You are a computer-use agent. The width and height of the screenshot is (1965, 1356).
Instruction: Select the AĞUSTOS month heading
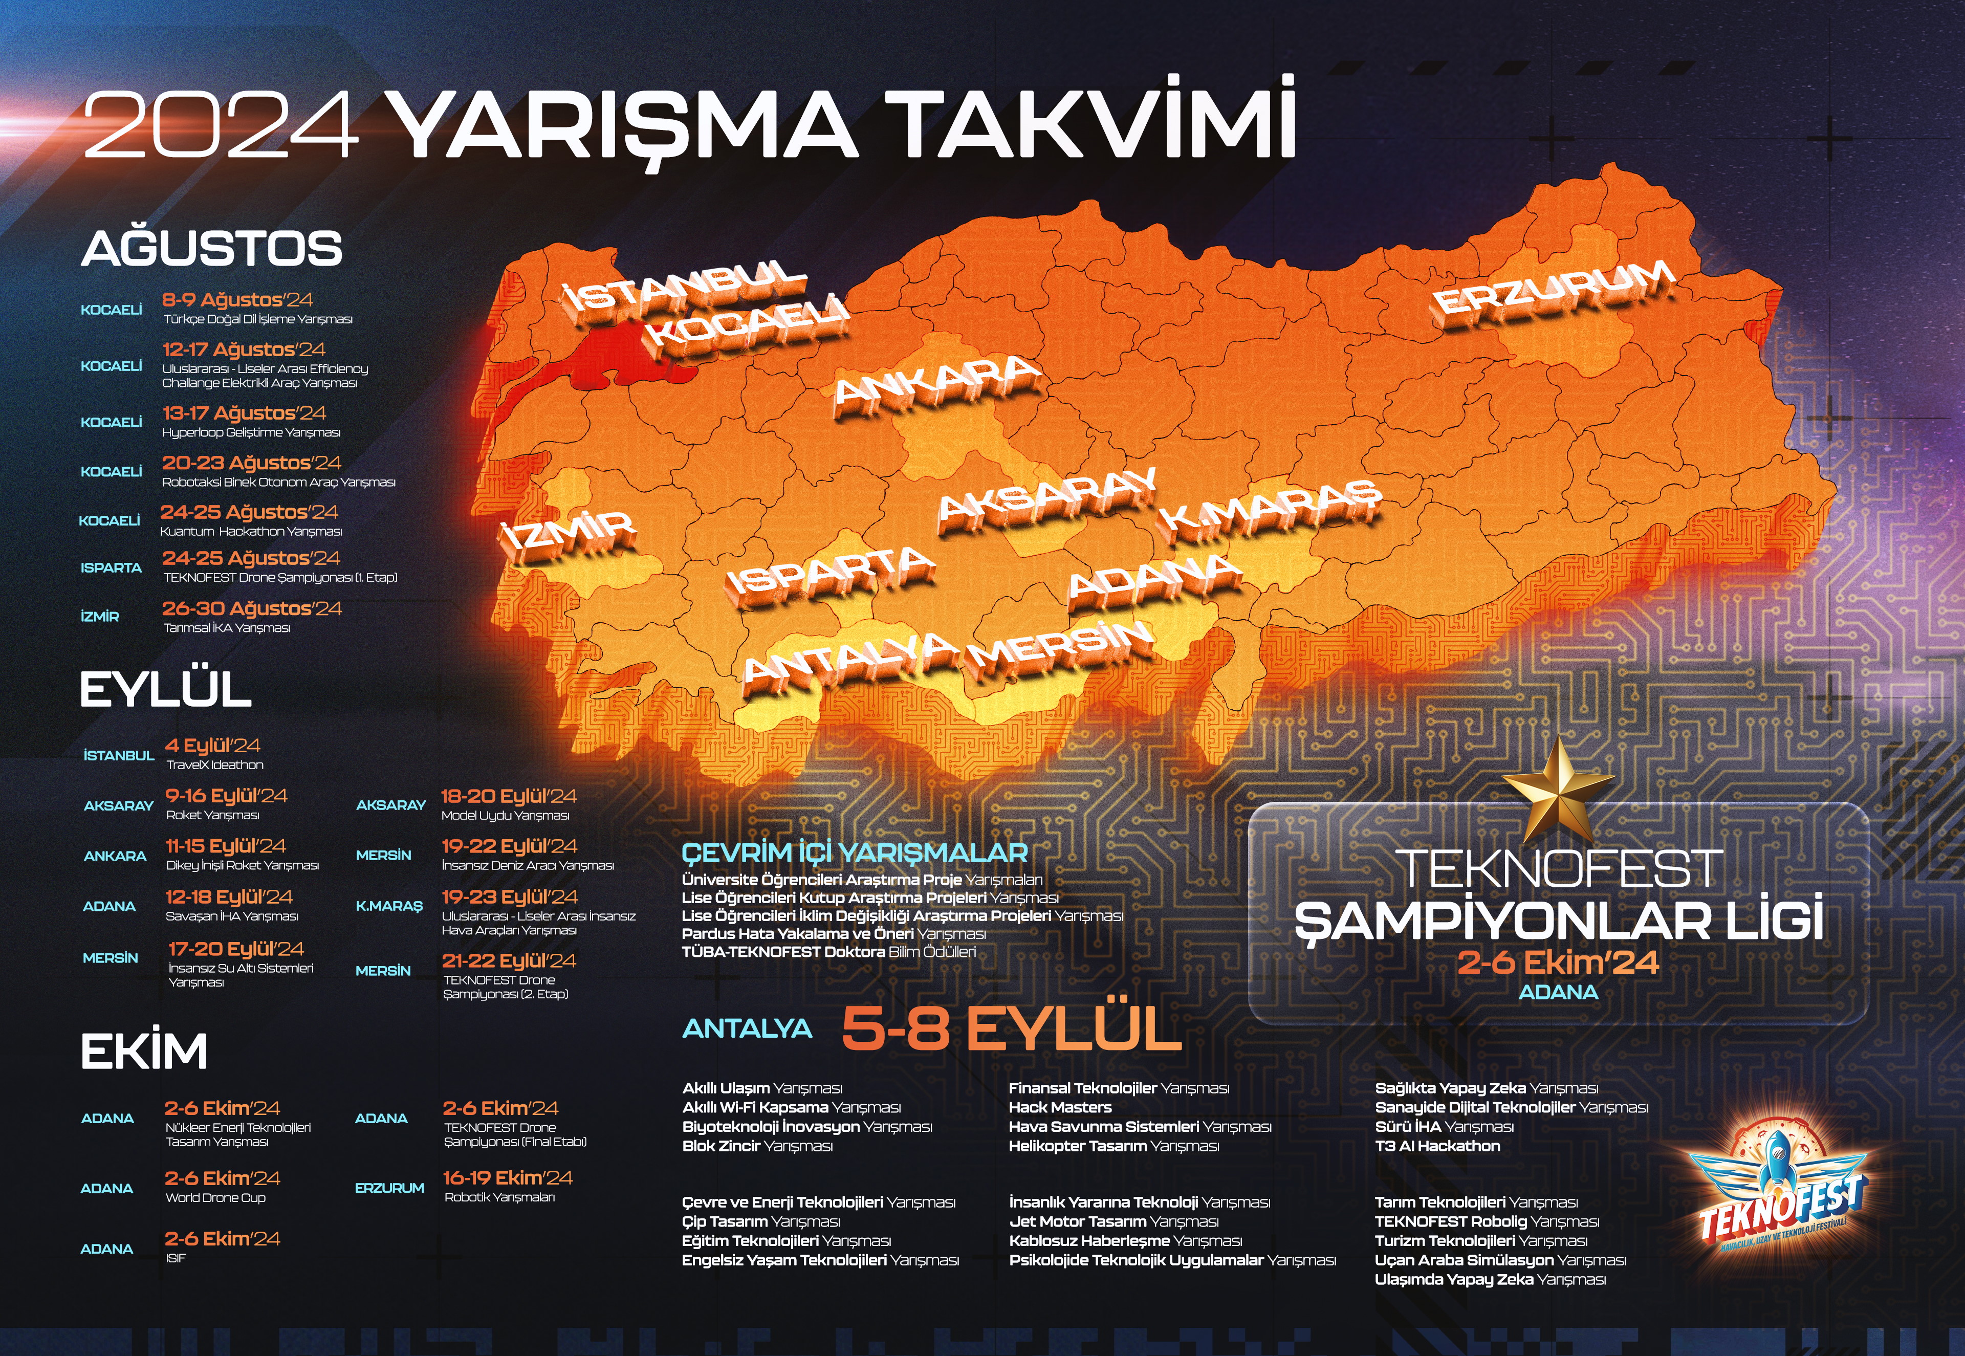click(x=211, y=249)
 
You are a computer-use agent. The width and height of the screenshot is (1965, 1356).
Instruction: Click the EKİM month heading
click(x=144, y=1052)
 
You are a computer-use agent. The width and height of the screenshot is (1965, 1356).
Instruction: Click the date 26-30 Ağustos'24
click(x=251, y=608)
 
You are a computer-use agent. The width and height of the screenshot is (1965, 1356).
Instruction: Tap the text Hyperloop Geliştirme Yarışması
click(x=251, y=432)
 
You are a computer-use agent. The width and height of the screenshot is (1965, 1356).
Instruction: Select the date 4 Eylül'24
click(x=212, y=745)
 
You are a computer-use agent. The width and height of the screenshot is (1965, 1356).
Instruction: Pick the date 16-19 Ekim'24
click(x=507, y=1177)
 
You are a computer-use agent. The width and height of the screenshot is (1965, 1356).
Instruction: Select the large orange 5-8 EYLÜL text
click(x=1011, y=1029)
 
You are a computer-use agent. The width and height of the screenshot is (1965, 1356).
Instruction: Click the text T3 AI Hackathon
click(x=1437, y=1146)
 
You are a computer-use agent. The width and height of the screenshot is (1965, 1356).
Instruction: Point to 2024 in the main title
click(x=221, y=126)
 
